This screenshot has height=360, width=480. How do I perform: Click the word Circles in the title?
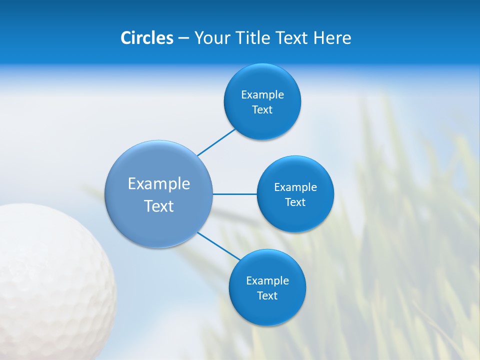(x=147, y=38)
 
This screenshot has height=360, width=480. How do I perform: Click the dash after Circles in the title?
(x=183, y=38)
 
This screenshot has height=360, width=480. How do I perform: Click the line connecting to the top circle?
(x=216, y=142)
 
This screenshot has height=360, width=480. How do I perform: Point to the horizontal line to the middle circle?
(x=235, y=194)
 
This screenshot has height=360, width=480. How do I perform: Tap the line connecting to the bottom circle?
(x=218, y=246)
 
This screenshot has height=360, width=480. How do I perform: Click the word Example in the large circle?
(x=159, y=184)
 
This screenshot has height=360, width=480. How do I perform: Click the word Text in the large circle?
(x=159, y=206)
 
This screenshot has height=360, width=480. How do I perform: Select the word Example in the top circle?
(x=262, y=95)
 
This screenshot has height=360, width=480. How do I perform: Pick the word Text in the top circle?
(x=262, y=110)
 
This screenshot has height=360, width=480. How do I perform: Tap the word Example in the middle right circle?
(x=295, y=187)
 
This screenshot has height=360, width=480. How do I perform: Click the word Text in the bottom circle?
(x=267, y=296)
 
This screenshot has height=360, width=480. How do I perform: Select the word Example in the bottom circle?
(x=267, y=281)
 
